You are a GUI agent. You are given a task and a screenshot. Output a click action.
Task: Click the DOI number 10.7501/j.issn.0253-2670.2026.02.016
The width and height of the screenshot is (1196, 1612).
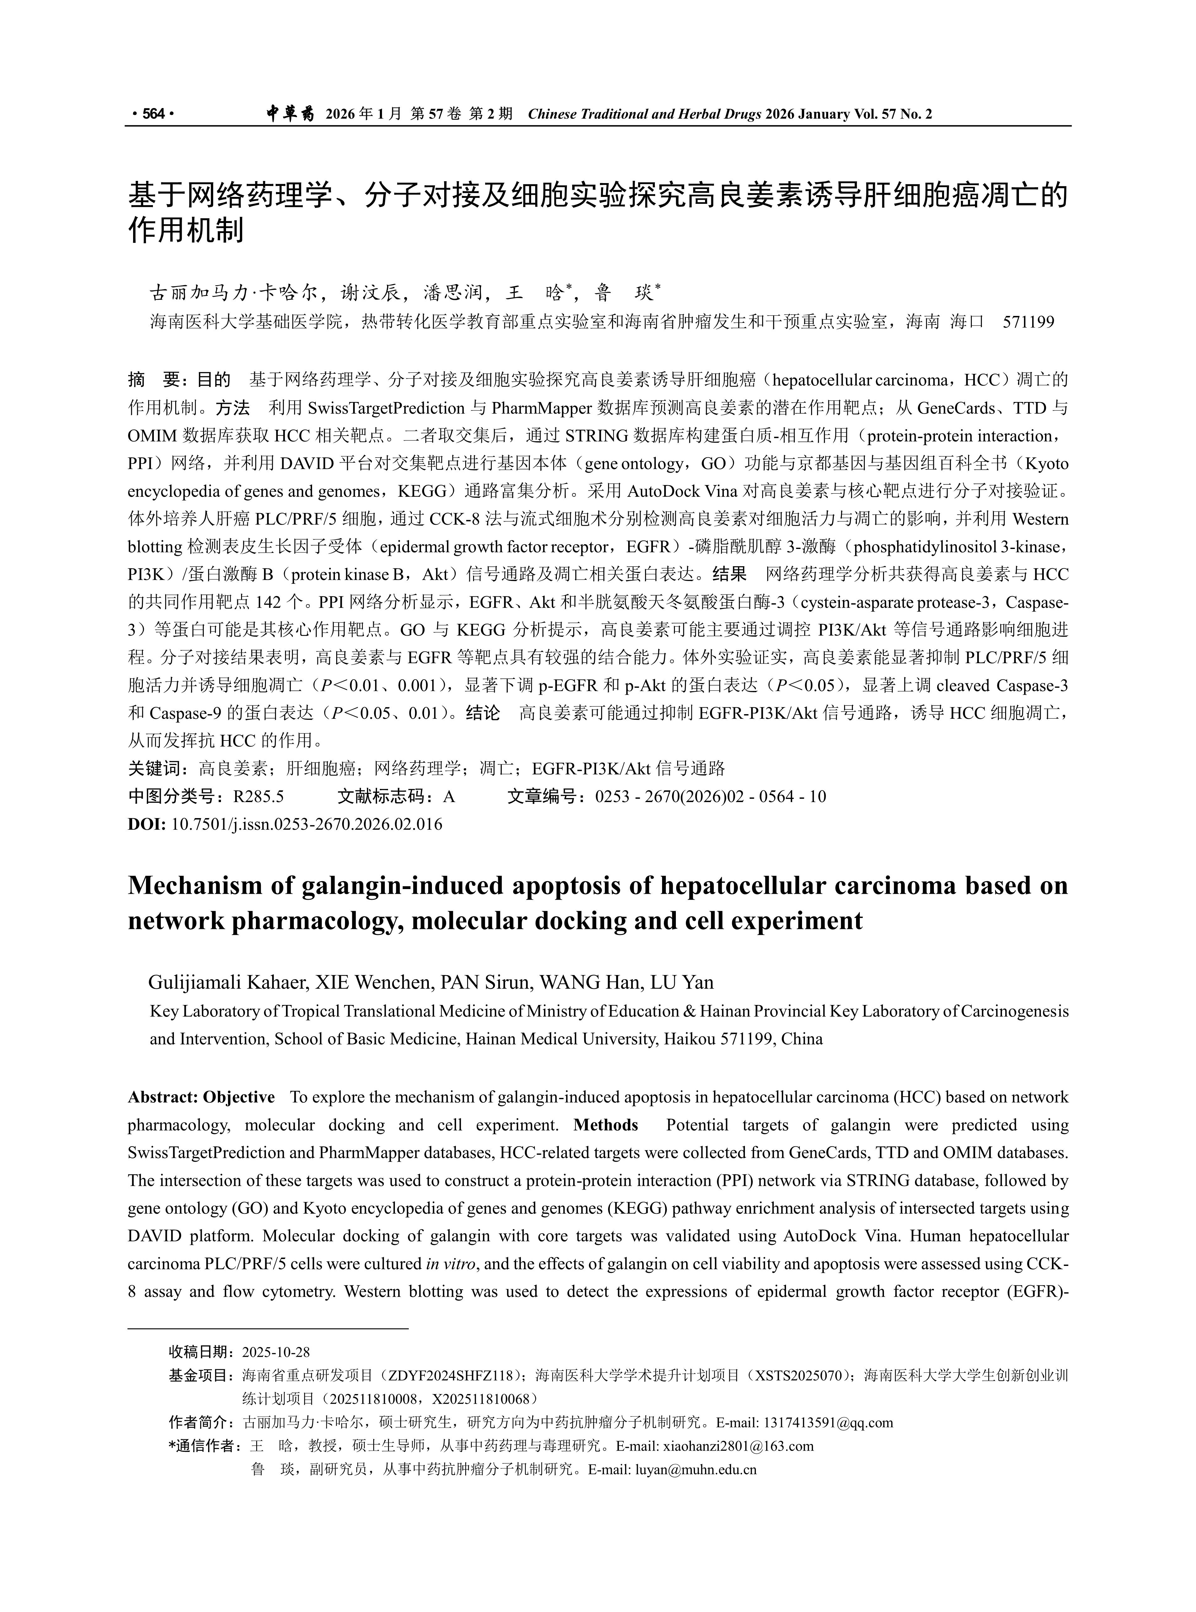(306, 824)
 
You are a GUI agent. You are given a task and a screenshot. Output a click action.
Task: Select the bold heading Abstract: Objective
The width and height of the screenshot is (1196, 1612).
(201, 1097)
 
